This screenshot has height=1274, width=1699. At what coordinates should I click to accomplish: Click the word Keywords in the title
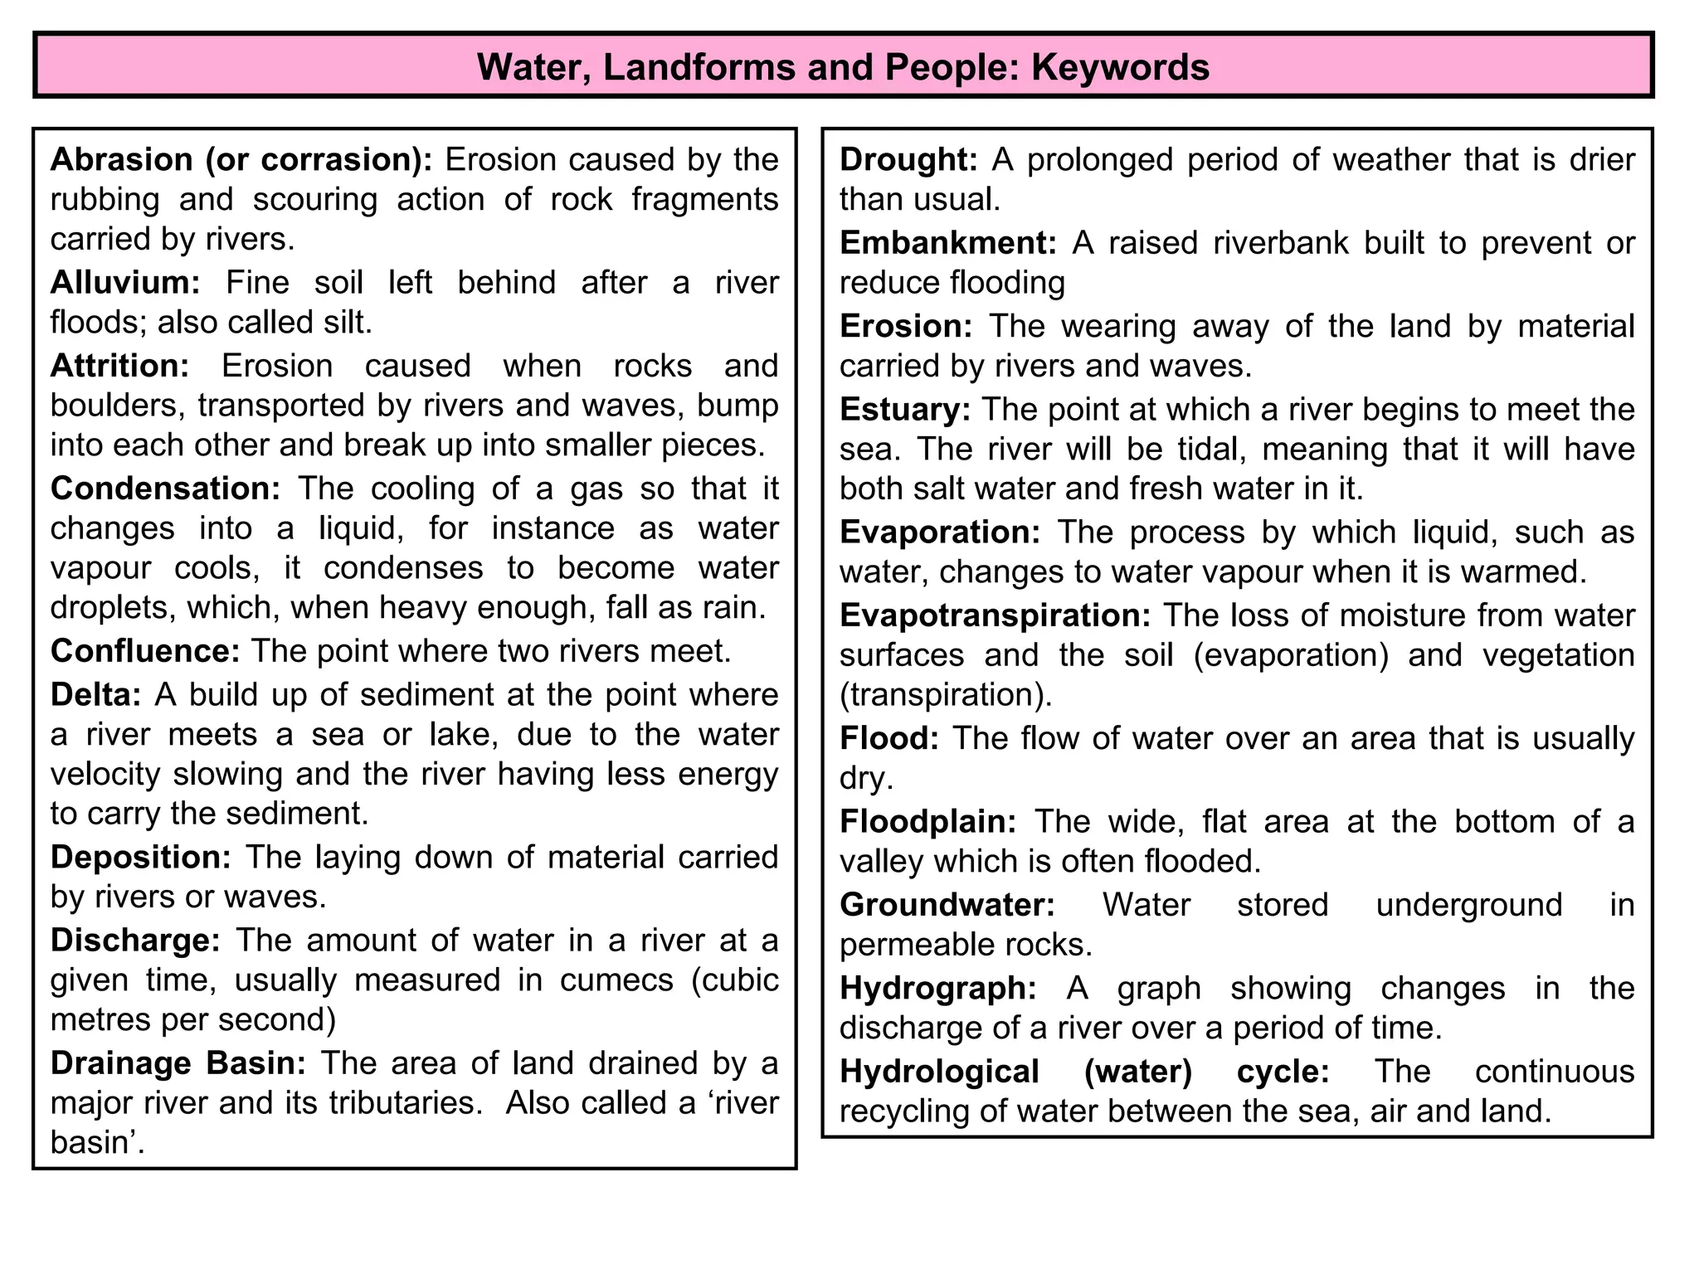point(1120,66)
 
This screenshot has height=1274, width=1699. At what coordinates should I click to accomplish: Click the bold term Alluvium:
point(125,283)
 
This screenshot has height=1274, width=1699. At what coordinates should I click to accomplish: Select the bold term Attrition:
point(120,366)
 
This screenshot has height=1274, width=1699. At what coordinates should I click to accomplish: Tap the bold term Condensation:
point(166,489)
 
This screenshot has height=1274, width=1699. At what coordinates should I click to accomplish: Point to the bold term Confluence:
point(145,651)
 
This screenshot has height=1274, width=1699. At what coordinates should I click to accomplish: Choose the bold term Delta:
point(96,694)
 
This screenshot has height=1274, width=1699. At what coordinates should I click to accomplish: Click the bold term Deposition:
point(141,857)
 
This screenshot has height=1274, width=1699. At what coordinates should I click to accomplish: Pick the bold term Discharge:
point(135,941)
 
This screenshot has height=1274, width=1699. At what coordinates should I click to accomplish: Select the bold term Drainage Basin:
point(178,1063)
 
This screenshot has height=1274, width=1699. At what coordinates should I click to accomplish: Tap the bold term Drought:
point(909,160)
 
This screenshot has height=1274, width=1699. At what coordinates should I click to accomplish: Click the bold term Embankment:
point(948,243)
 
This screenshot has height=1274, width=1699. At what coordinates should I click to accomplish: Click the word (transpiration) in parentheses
point(945,695)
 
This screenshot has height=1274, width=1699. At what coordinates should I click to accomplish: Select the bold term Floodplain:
point(928,822)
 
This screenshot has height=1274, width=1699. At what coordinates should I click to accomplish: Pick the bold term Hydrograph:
point(938,989)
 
